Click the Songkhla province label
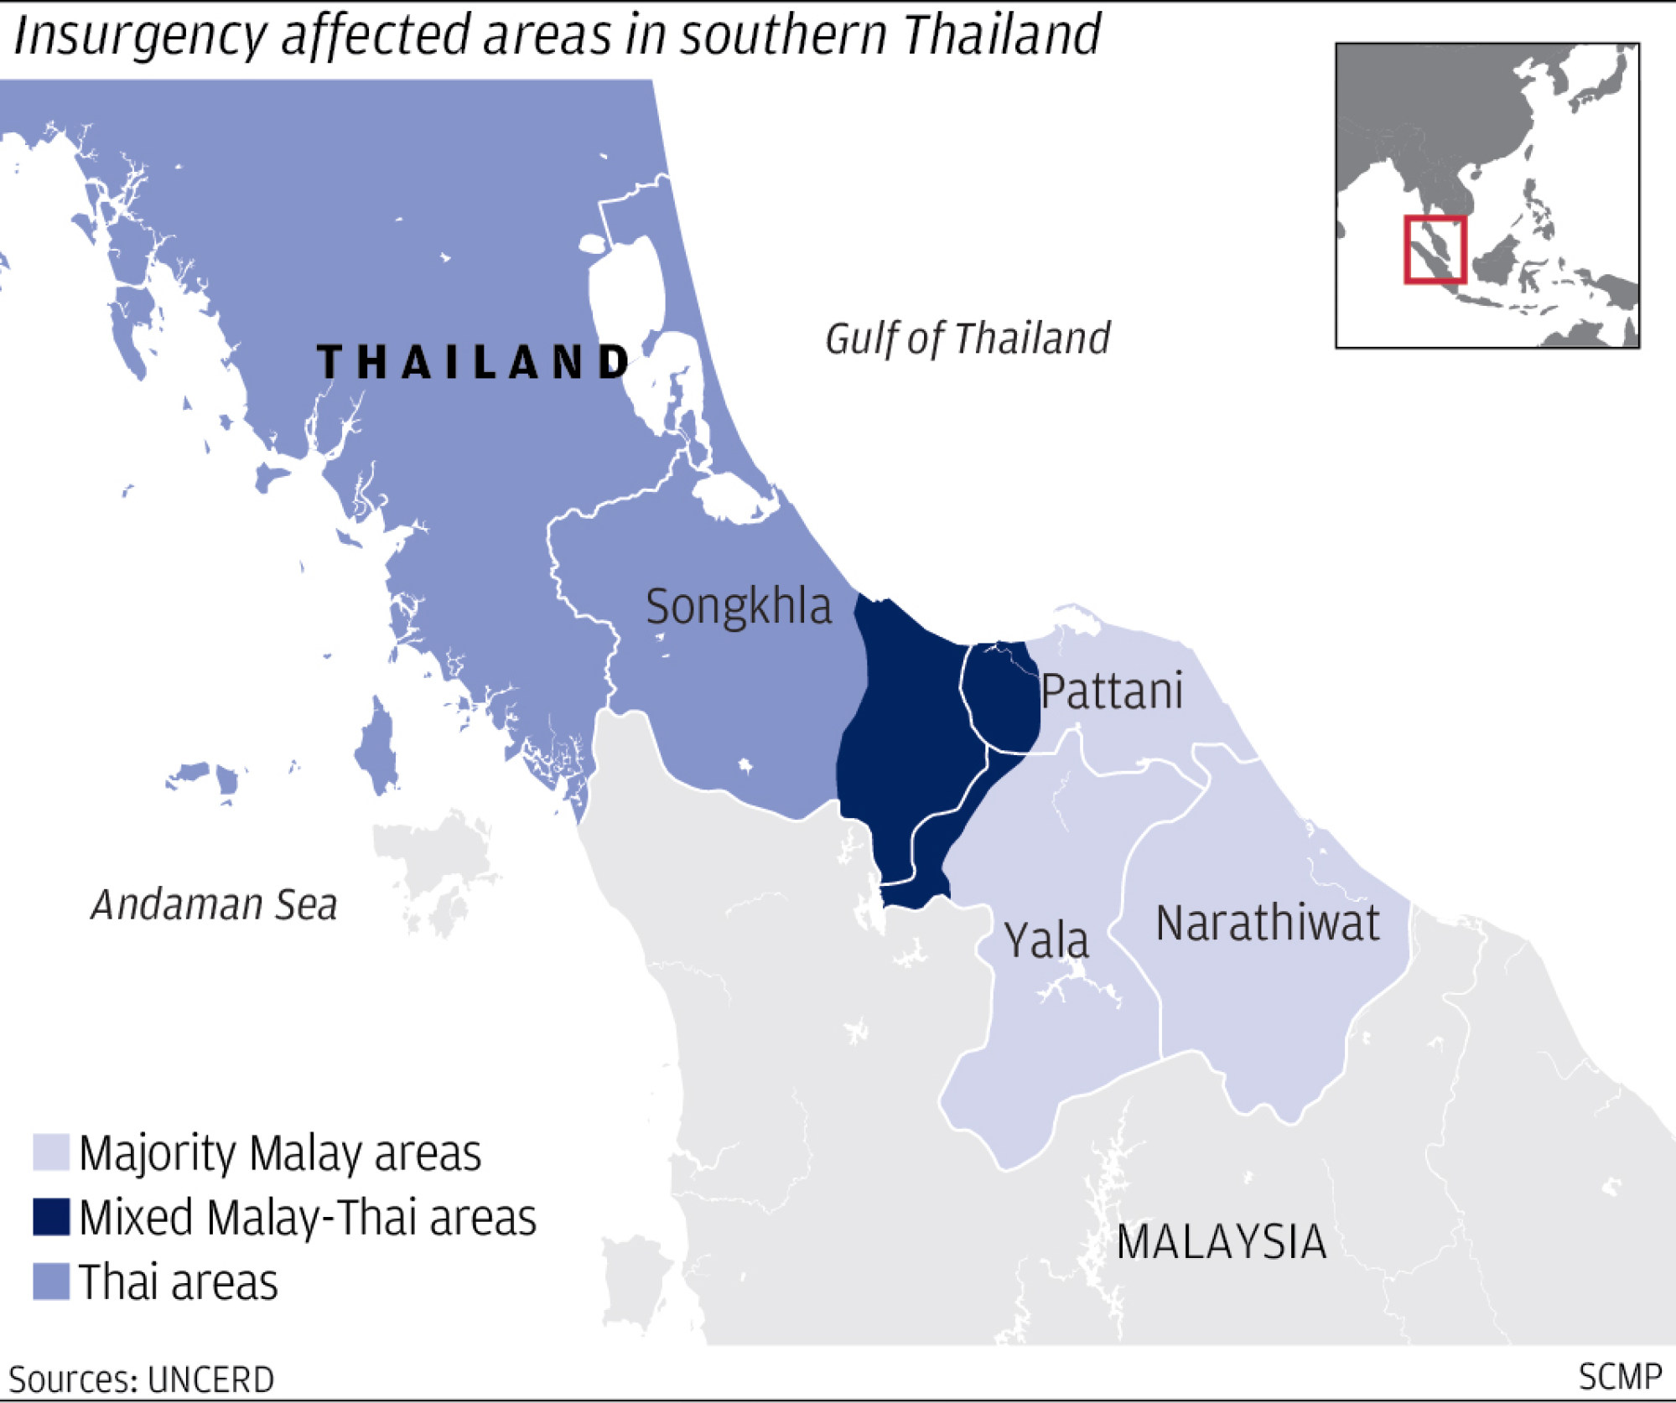tap(739, 607)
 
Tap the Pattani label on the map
tap(1112, 691)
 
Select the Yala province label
tap(1046, 940)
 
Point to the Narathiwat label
tap(1267, 924)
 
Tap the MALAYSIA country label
tap(1221, 1242)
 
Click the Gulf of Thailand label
tap(968, 339)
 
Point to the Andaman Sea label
tap(215, 905)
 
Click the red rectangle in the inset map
tap(1435, 250)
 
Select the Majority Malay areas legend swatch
tap(50, 1152)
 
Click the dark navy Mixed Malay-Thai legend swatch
tap(50, 1217)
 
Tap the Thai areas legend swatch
tap(50, 1281)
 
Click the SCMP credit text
tap(1619, 1377)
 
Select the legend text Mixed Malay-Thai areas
tap(308, 1218)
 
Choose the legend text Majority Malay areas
tap(280, 1153)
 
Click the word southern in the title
tap(783, 35)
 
